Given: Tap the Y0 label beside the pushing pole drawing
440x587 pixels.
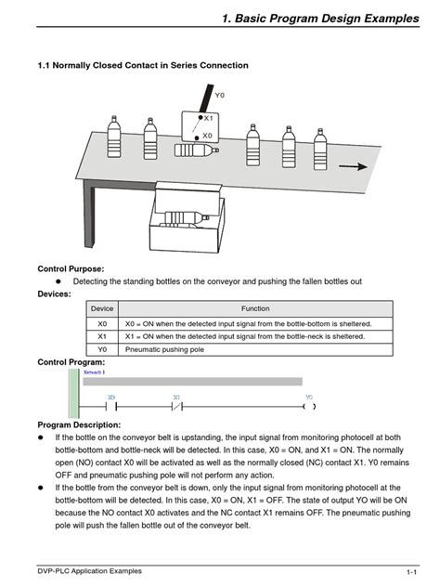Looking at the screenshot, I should (x=219, y=96).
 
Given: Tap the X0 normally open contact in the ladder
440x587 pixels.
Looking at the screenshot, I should (x=111, y=406).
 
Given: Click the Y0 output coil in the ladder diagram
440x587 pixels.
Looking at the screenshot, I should (x=309, y=406).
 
